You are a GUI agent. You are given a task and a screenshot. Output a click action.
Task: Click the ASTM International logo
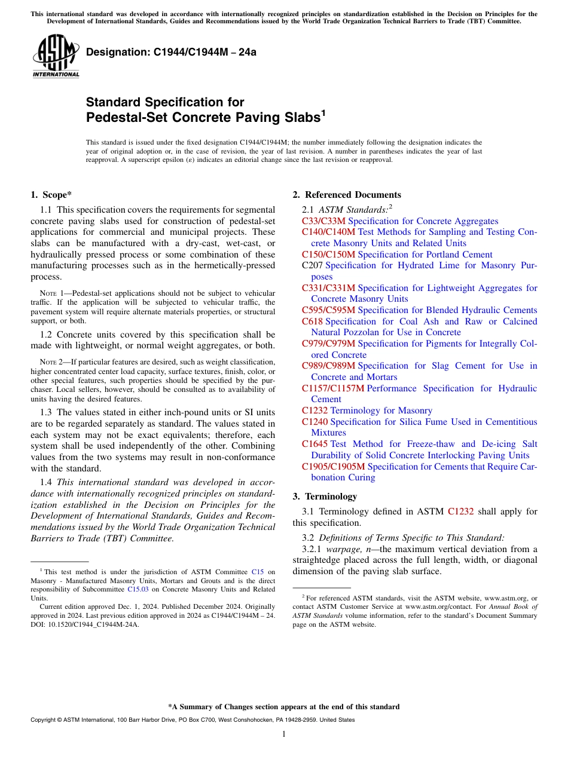[56, 56]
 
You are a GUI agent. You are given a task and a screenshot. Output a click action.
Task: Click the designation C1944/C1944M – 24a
[171, 52]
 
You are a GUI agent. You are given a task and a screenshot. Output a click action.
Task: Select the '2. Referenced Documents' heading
[347, 195]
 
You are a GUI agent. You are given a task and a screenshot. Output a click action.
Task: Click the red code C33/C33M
[323, 221]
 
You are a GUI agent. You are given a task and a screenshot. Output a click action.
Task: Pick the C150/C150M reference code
[328, 255]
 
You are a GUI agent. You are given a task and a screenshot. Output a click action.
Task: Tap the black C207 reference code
[312, 265]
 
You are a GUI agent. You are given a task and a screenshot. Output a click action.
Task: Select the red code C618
[312, 321]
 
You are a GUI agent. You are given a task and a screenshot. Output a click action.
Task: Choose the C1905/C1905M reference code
[334, 466]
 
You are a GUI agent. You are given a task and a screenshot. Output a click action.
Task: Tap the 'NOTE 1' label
[50, 293]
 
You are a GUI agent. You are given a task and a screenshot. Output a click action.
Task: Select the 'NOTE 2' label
[50, 362]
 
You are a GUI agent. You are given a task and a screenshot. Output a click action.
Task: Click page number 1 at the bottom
[284, 734]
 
